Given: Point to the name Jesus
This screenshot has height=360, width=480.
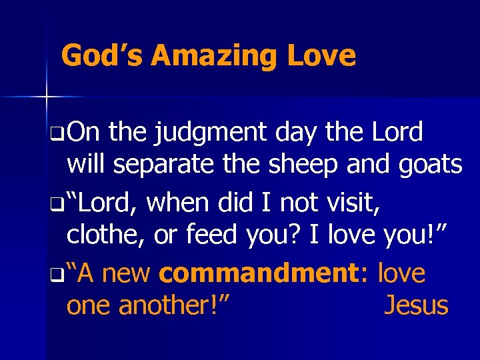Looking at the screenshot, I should pyautogui.click(x=416, y=305).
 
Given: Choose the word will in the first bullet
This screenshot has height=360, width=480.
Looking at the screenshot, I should pyautogui.click(x=87, y=164).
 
